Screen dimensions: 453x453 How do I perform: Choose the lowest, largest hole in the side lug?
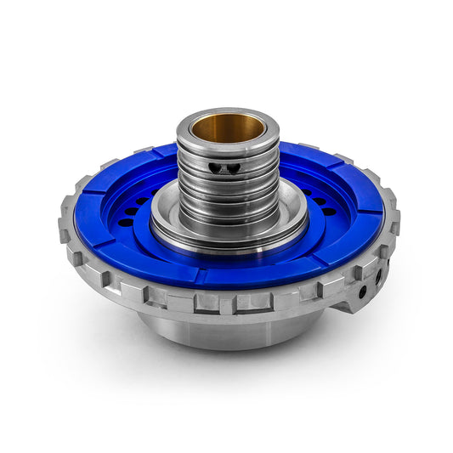[363, 292]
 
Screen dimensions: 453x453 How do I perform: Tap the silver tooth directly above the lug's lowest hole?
[360, 270]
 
